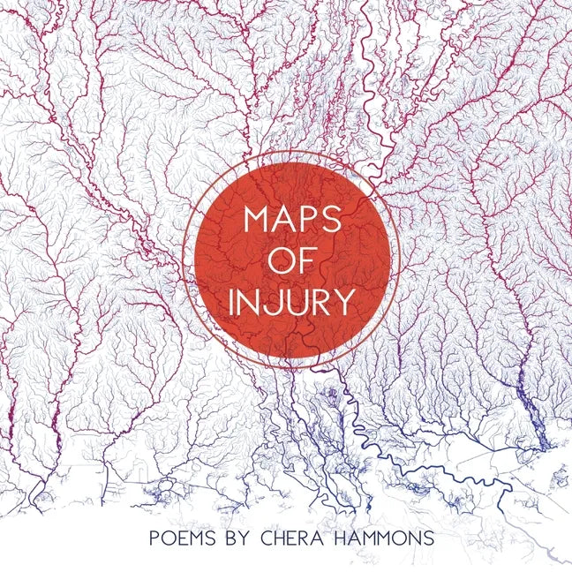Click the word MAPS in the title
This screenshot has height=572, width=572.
click(290, 220)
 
